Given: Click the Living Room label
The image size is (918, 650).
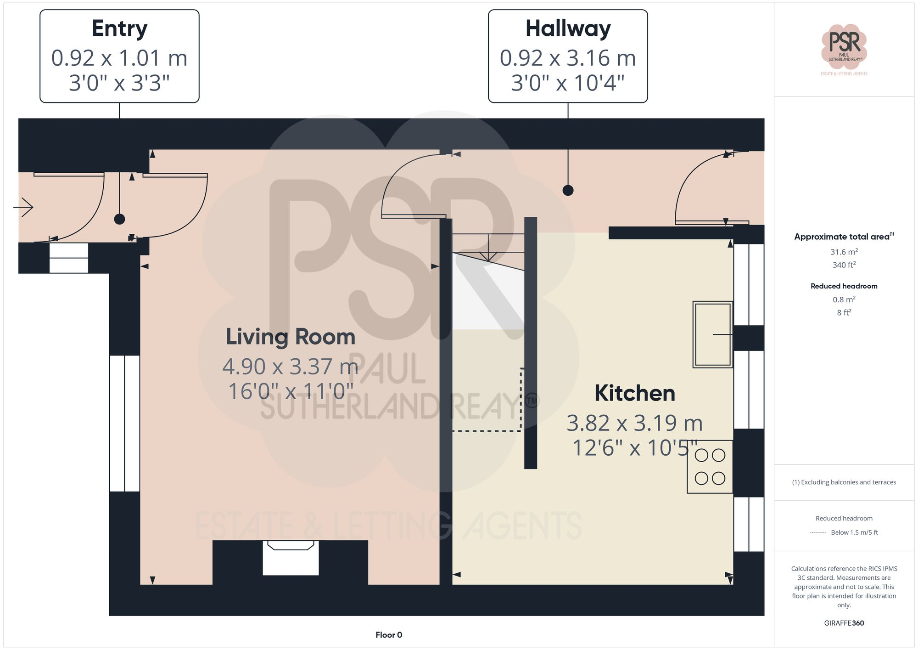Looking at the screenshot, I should point(291,337).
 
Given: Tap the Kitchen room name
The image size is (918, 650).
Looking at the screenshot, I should point(635,393).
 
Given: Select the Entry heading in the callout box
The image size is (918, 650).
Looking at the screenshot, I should point(119,28).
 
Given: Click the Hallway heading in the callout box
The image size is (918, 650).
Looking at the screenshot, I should point(568,28).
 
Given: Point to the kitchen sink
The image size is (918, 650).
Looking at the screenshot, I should point(712,334).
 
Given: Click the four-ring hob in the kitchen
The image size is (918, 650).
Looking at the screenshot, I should point(710,467).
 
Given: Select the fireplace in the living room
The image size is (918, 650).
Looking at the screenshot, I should point(291,558).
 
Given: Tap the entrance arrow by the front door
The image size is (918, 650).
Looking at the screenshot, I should point(23,207).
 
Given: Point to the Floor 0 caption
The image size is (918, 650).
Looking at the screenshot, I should point(389,635).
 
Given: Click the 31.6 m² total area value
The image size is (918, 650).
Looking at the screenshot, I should point(844,252).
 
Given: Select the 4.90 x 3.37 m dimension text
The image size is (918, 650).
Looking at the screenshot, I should point(290,367).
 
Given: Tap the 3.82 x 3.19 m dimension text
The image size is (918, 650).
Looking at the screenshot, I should point(634,423).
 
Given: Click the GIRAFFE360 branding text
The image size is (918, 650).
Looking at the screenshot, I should point(844,623).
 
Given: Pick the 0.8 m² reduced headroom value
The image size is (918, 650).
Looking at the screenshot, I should point(844,300).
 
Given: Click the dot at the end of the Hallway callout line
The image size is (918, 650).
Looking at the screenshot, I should point(568,190).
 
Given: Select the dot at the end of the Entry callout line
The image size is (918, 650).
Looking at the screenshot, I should point(119,219).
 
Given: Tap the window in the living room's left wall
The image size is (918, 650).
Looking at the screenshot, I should point(124,423).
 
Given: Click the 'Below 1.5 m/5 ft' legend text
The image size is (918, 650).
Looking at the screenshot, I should point(854,532).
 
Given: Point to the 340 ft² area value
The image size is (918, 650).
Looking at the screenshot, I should point(844,265).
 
